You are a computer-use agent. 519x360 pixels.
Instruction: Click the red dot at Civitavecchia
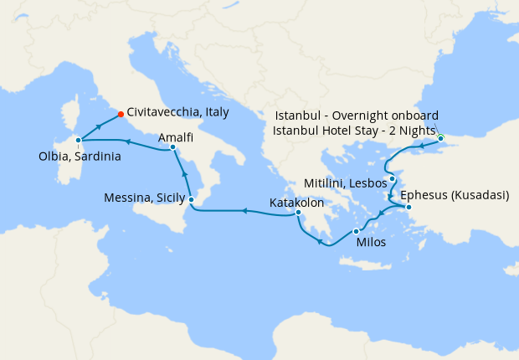(121, 114)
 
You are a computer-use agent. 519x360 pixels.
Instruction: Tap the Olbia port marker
(78, 140)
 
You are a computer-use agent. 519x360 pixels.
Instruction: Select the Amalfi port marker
(172, 147)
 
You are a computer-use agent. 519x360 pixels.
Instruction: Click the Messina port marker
(192, 199)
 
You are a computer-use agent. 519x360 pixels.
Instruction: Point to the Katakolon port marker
(298, 213)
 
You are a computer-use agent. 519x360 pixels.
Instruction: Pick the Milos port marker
(357, 231)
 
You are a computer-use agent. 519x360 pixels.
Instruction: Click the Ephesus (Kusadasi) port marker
(409, 206)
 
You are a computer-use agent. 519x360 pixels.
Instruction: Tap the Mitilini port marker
(392, 179)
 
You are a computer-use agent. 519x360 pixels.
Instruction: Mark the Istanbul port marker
(440, 138)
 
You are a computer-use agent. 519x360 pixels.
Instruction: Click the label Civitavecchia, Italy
(178, 111)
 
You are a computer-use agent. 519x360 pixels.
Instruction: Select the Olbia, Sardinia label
(80, 156)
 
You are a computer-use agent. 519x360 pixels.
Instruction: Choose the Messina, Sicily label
(143, 198)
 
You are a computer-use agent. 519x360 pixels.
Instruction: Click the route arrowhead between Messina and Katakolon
(244, 211)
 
